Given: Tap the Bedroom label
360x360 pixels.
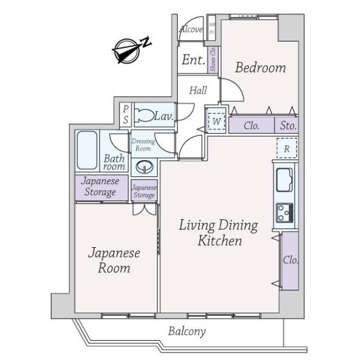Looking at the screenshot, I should pyautogui.click(x=260, y=68).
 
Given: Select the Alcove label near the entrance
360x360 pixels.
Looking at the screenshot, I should pyautogui.click(x=191, y=29).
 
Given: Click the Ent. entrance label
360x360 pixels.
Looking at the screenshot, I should pyautogui.click(x=194, y=60).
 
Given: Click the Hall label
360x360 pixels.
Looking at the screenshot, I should pyautogui.click(x=198, y=91).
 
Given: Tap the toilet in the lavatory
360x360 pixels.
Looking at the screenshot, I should pyautogui.click(x=145, y=115).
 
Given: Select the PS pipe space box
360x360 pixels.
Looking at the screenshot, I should pyautogui.click(x=125, y=115).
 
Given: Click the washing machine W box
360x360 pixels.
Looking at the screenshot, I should pyautogui.click(x=215, y=121).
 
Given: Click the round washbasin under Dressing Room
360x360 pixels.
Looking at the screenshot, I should pyautogui.click(x=144, y=166).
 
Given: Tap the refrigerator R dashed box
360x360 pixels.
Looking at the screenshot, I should pyautogui.click(x=287, y=148).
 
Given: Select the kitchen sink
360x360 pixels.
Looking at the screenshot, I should pyautogui.click(x=284, y=179).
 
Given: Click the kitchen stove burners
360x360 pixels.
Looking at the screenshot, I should pyautogui.click(x=284, y=212).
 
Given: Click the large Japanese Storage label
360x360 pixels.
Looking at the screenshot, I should pyautogui.click(x=100, y=187).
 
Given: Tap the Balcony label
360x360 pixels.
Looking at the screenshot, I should pyautogui.click(x=187, y=331).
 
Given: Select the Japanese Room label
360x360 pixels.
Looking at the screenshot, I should pyautogui.click(x=113, y=260).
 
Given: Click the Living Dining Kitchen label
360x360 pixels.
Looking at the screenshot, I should pyautogui.click(x=220, y=233).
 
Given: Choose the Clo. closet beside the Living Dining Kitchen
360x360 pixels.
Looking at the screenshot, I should pyautogui.click(x=290, y=260).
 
